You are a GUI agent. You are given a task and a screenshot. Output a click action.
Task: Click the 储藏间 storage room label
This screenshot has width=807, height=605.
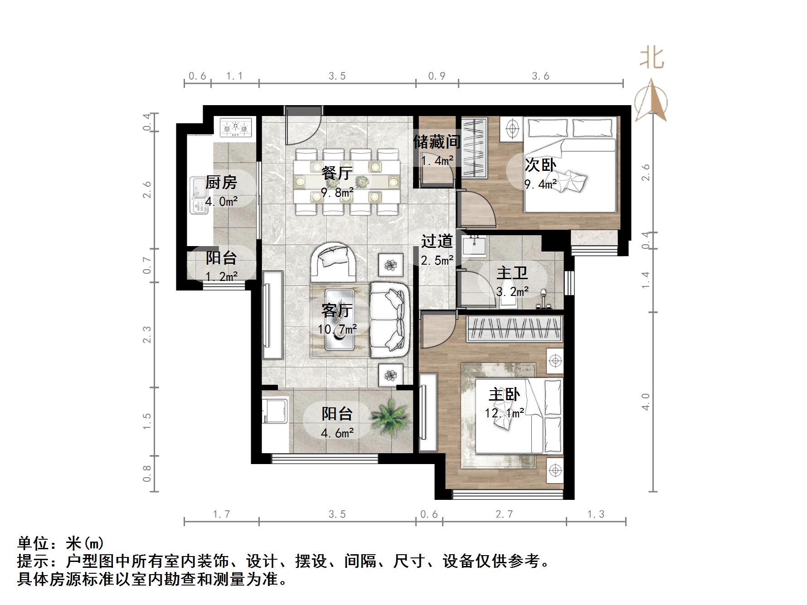click(436, 142)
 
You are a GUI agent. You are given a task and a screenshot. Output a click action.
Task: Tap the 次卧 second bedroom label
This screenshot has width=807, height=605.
click(540, 165)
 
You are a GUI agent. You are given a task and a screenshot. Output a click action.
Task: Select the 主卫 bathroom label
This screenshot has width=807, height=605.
click(512, 273)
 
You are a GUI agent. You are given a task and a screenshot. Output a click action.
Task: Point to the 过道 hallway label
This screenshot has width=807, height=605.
click(437, 241)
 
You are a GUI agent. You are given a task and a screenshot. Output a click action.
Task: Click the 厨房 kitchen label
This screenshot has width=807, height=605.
click(221, 183)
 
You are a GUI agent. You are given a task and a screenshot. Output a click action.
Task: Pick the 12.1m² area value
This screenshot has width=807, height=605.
click(505, 413)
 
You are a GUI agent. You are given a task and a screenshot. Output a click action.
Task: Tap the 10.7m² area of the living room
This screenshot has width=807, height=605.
click(337, 329)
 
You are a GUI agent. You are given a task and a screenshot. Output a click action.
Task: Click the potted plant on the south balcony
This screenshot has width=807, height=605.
click(389, 416)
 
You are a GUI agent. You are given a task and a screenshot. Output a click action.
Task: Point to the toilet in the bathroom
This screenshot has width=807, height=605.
click(506, 300)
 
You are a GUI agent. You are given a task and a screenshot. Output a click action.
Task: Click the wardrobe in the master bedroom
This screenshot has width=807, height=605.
click(515, 329)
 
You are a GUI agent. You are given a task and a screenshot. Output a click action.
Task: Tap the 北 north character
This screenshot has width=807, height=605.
click(652, 59)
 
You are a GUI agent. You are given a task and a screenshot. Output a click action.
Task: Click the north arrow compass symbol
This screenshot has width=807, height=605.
click(651, 101)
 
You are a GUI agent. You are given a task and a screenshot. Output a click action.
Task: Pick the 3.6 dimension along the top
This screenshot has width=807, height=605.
click(540, 76)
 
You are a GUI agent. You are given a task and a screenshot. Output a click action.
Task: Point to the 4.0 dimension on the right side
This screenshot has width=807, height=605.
click(646, 402)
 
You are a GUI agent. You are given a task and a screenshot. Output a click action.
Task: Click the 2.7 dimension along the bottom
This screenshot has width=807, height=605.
click(504, 514)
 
